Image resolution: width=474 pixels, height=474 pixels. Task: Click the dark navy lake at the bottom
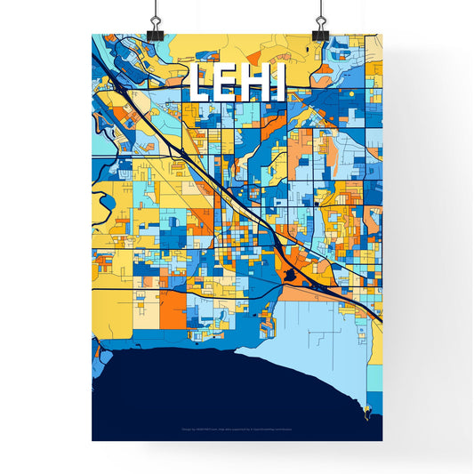(x=222, y=391)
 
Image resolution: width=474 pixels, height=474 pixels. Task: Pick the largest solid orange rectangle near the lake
(x=174, y=307)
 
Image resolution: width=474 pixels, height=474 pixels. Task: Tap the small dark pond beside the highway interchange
(x=290, y=277)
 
